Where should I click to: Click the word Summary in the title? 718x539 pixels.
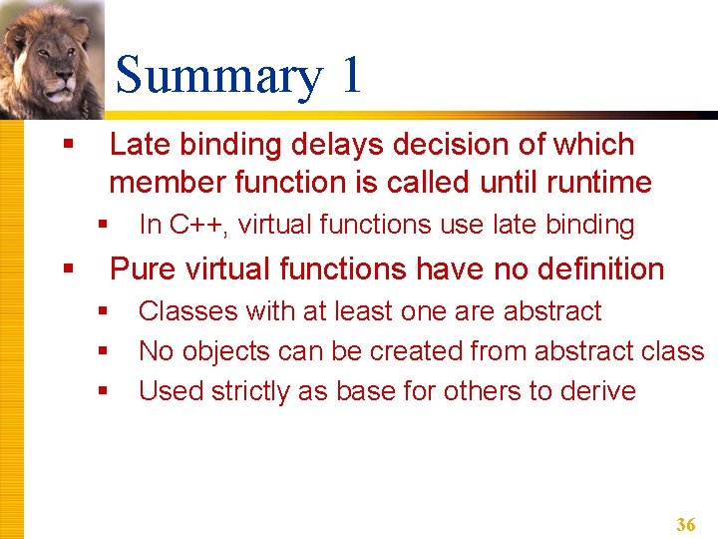coord(218,77)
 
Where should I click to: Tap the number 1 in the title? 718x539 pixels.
coord(350,76)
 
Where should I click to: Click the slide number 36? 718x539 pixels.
coord(686,524)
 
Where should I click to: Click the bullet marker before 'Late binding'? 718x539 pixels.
coord(68,146)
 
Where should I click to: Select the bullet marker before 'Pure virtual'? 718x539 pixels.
coord(68,269)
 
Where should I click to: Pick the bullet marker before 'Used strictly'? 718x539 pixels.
coord(101,391)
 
